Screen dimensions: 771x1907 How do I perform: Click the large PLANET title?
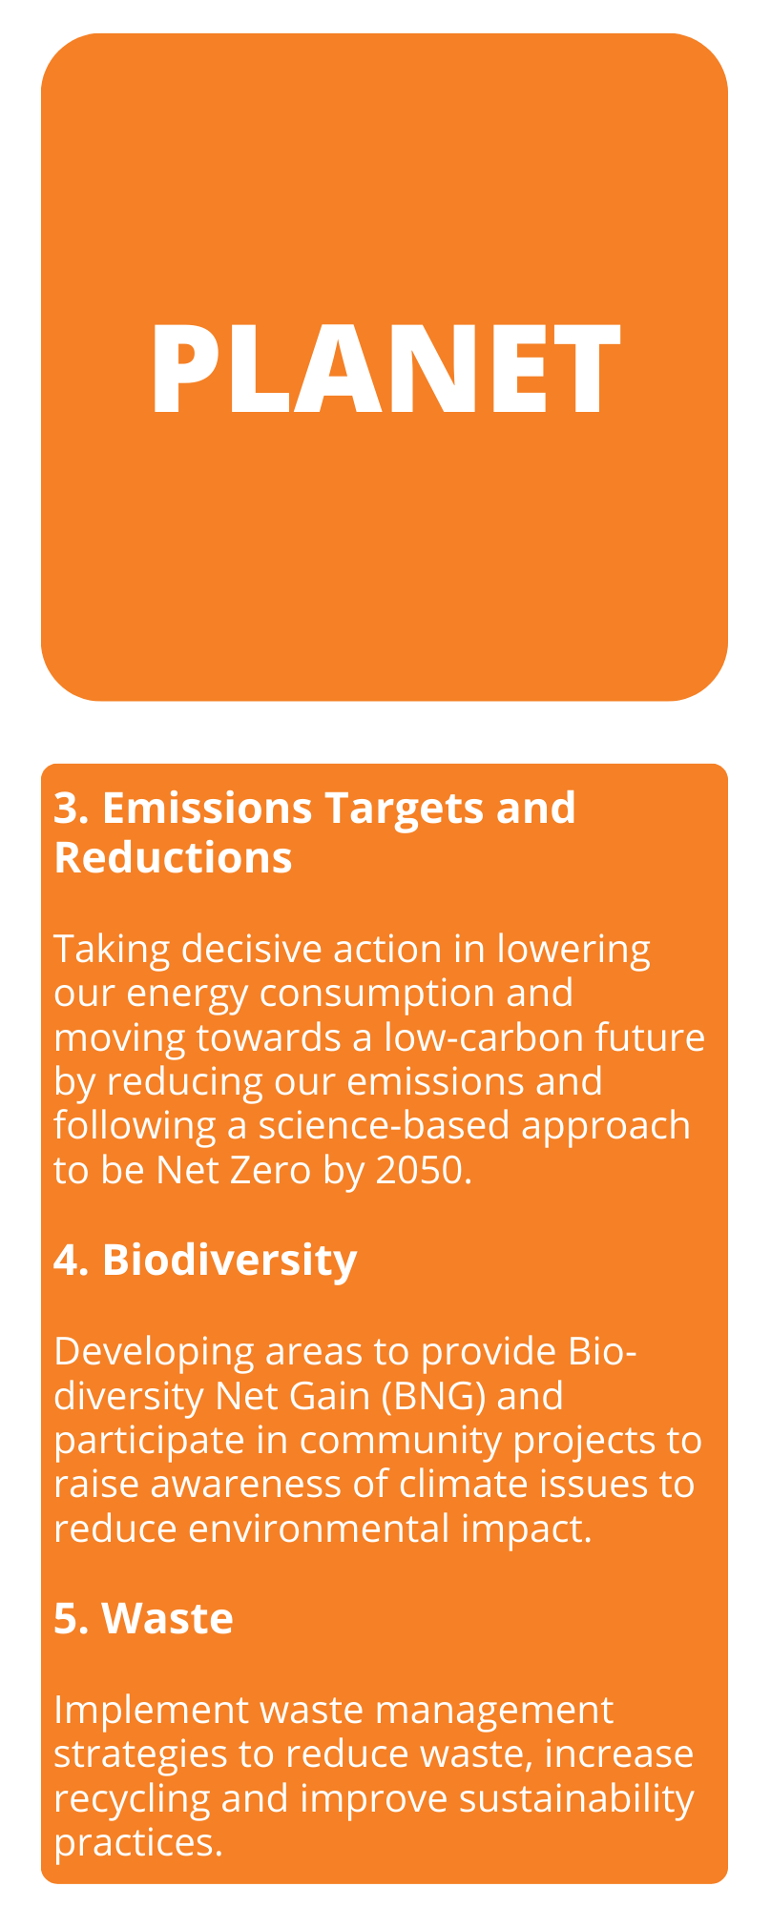click(x=385, y=368)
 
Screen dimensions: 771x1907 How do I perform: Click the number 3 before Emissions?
click(x=65, y=808)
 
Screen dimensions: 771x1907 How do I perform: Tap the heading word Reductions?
click(x=173, y=857)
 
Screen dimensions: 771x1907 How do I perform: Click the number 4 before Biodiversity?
click(x=66, y=1260)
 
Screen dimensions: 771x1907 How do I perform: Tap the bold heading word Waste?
click(x=167, y=1618)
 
